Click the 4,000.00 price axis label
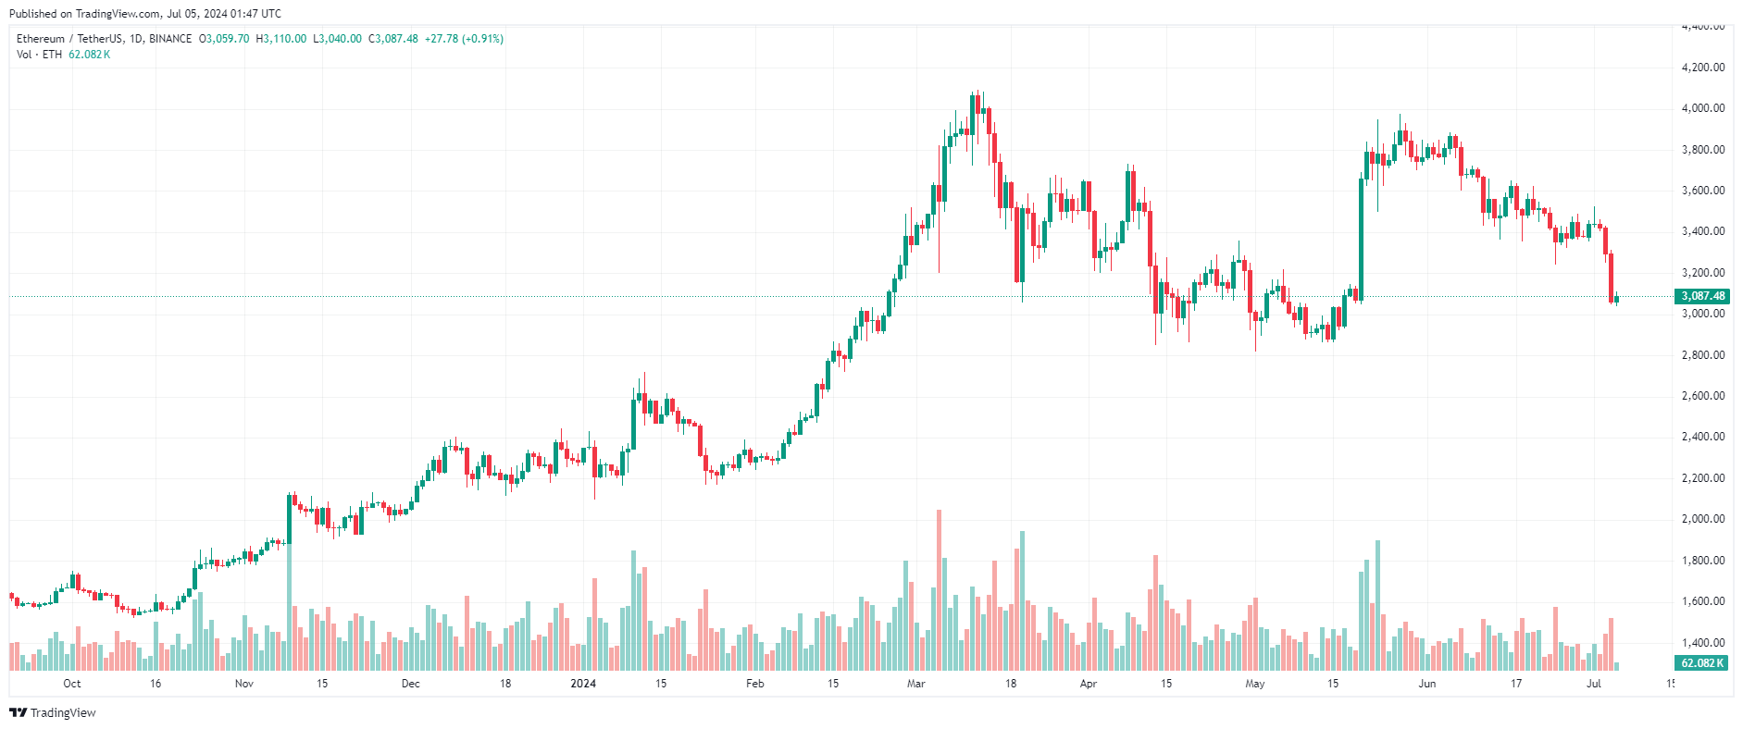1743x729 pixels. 1702,108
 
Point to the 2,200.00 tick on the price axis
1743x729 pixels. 1702,478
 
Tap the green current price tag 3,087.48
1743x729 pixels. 1702,296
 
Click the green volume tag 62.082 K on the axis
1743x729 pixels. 1702,663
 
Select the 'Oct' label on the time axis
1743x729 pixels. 71,684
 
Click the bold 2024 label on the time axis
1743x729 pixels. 583,684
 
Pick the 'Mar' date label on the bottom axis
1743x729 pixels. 915,684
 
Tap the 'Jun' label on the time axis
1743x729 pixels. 1427,684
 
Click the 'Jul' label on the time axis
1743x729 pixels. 1594,684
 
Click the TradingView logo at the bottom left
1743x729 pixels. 52,712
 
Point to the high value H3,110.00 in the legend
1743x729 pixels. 281,39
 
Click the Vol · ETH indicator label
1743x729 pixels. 39,55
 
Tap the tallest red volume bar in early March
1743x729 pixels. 939,592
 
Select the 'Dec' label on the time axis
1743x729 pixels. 410,684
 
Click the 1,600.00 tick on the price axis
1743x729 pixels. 1702,601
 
